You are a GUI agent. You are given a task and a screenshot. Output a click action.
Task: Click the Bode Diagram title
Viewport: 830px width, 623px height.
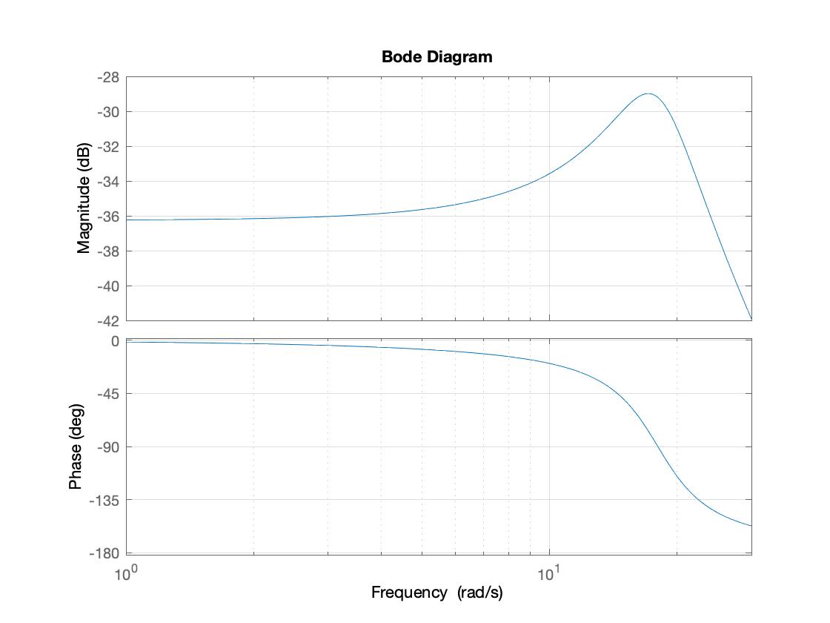436,56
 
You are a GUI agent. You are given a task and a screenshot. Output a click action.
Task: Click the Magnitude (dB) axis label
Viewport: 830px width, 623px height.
84,198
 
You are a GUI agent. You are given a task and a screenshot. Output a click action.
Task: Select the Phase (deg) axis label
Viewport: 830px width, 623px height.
76,447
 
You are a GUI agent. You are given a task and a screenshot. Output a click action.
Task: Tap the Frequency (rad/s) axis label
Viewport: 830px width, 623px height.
436,593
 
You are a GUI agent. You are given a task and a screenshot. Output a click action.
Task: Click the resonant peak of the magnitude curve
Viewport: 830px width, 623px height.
648,94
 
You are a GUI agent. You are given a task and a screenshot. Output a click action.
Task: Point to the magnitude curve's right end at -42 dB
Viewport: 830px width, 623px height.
751,320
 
